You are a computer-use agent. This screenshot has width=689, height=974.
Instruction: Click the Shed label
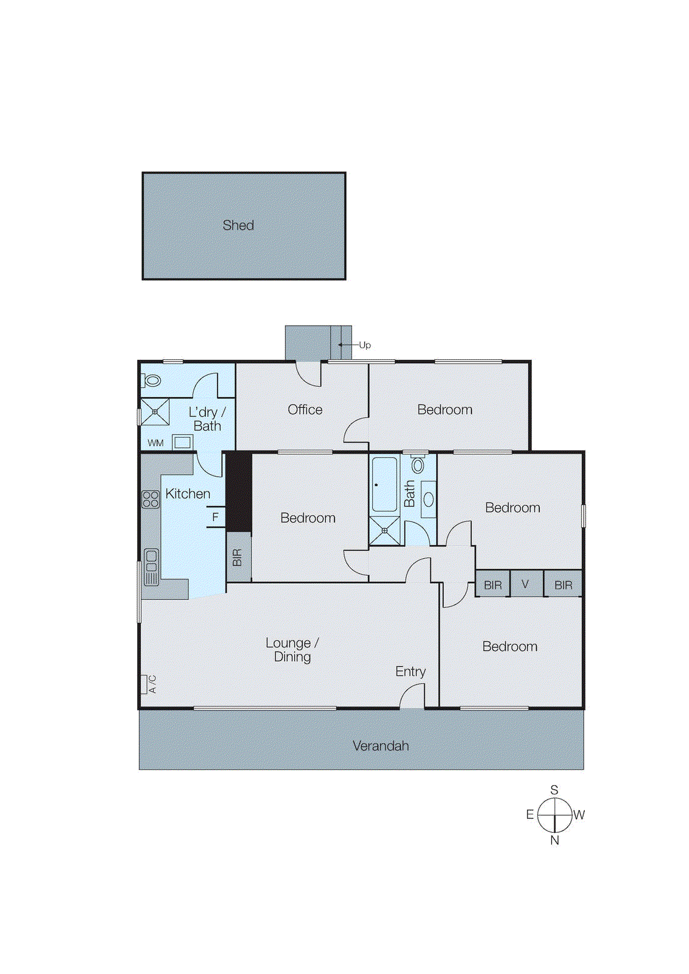click(x=238, y=225)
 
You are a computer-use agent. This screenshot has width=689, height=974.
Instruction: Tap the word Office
click(x=305, y=410)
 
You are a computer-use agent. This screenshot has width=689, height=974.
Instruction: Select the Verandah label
click(x=380, y=746)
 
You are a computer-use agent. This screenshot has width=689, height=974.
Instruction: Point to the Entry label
click(x=410, y=671)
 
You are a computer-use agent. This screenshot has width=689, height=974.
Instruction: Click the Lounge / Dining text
click(x=292, y=650)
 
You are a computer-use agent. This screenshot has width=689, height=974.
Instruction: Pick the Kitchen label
click(x=188, y=494)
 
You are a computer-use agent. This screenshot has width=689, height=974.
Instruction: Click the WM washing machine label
click(x=155, y=443)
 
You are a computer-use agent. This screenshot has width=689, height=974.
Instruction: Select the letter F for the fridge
click(x=215, y=517)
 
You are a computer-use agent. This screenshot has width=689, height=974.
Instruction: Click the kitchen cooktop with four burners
click(x=150, y=499)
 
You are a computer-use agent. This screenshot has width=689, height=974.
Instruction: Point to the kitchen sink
click(x=150, y=567)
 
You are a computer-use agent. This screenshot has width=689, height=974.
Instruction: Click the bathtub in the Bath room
click(x=384, y=484)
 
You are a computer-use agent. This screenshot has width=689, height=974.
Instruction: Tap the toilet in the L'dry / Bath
click(x=152, y=381)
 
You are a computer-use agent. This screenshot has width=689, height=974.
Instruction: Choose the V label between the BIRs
click(x=525, y=584)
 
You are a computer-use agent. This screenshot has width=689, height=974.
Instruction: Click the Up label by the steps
click(x=365, y=345)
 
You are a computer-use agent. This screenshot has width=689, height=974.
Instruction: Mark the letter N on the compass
click(x=554, y=841)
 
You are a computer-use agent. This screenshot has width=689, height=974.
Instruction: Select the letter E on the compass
click(x=530, y=815)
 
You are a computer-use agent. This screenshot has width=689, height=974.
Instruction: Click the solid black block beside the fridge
click(x=239, y=492)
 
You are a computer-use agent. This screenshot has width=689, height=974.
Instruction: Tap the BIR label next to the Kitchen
click(x=238, y=557)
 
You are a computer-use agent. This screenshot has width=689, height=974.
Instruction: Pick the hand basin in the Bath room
click(x=429, y=500)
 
